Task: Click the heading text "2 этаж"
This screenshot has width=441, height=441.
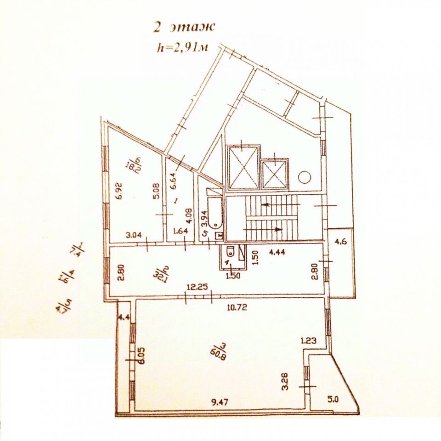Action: pyautogui.click(x=184, y=27)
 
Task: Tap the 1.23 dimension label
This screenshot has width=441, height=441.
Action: pyautogui.click(x=309, y=341)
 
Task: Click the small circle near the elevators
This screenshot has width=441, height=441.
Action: pyautogui.click(x=304, y=177)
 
